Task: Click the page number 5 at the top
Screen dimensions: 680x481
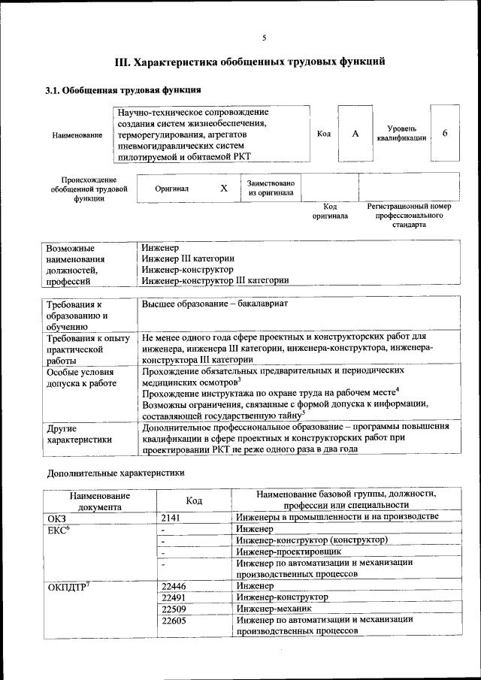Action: point(264,38)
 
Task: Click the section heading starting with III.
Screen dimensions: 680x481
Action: point(250,62)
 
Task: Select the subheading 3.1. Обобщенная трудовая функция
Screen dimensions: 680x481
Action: point(123,91)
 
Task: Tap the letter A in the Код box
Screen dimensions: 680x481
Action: point(355,133)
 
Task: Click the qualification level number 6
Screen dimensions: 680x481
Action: point(445,133)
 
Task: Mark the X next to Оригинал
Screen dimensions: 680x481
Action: point(223,189)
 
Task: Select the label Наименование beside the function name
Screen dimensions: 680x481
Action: point(77,135)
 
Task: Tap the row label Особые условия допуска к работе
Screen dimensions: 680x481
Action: point(80,378)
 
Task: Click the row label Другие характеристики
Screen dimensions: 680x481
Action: point(79,434)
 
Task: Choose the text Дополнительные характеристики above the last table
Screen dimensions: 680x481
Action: point(116,473)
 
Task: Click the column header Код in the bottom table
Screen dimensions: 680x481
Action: point(194,500)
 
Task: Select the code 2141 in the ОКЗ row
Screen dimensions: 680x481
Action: point(172,518)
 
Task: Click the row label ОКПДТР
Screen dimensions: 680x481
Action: point(69,586)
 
